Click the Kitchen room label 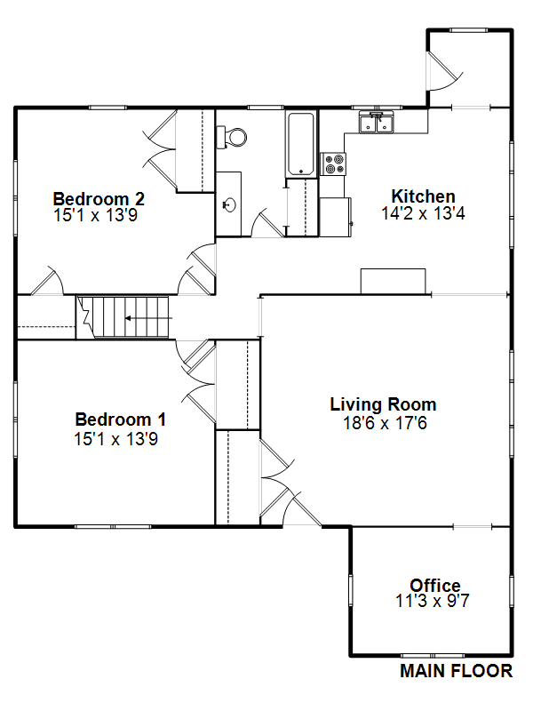(424, 196)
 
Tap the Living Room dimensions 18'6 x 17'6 (385, 423)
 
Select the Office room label (435, 585)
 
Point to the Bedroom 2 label (99, 198)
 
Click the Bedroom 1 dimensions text (116, 439)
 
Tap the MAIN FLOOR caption (456, 671)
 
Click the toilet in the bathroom (232, 137)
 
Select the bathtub (300, 144)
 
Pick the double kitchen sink (377, 123)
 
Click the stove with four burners (333, 164)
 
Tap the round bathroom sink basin (230, 205)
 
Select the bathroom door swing (267, 223)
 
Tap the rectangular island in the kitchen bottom (393, 281)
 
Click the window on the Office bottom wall (433, 656)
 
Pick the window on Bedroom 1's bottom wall (113, 527)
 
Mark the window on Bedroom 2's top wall (107, 108)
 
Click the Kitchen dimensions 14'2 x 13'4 (424, 213)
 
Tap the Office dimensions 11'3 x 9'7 (433, 601)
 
